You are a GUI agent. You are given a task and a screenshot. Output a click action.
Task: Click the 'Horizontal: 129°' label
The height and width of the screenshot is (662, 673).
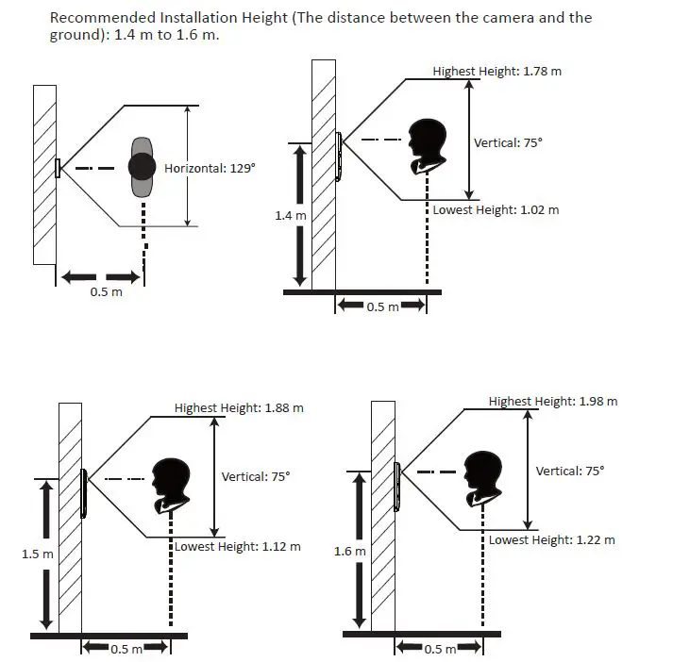click(x=210, y=168)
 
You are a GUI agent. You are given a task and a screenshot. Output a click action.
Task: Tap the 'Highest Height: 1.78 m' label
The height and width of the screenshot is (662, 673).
click(x=497, y=71)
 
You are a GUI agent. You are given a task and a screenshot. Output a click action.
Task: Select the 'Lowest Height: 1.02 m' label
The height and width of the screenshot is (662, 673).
click(x=496, y=209)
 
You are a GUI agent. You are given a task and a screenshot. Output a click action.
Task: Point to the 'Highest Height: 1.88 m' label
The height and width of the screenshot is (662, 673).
click(x=239, y=407)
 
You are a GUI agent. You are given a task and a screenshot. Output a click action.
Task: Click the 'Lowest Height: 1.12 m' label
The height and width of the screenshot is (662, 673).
click(x=237, y=546)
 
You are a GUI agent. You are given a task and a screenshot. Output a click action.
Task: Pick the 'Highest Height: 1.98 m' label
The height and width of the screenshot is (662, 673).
click(x=553, y=402)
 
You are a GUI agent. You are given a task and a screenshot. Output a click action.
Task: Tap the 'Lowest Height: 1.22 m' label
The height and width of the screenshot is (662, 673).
click(x=551, y=539)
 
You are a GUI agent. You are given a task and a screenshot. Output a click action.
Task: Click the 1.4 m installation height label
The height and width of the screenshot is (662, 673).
click(x=291, y=215)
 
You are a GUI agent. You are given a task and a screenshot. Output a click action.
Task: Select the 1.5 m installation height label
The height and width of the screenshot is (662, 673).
click(x=38, y=554)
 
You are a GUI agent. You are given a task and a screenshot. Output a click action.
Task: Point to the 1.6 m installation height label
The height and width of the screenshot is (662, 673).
click(x=350, y=551)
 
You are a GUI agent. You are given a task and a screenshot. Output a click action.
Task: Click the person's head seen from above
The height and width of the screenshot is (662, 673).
click(x=143, y=167)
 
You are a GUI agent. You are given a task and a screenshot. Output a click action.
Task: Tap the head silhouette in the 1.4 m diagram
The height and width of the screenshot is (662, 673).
click(x=428, y=146)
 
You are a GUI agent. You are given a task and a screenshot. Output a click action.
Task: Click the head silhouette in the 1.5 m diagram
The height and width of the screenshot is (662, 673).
click(x=171, y=486)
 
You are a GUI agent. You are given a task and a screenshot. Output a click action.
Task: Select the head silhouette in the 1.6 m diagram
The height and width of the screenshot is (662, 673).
click(x=483, y=479)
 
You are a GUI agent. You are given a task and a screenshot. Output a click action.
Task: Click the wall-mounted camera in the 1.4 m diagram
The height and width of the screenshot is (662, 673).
click(x=339, y=157)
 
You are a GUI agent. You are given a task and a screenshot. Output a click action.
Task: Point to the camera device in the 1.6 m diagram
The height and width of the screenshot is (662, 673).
click(x=397, y=487)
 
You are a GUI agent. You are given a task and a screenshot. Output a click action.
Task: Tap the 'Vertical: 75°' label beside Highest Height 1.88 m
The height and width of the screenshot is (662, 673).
click(x=256, y=477)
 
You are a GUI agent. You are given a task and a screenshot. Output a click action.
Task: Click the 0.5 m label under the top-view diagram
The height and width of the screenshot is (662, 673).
click(x=106, y=292)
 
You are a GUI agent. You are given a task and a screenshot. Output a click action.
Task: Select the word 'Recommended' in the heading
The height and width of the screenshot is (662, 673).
click(x=103, y=18)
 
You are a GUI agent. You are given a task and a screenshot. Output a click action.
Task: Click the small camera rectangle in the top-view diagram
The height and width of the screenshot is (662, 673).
click(x=58, y=168)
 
